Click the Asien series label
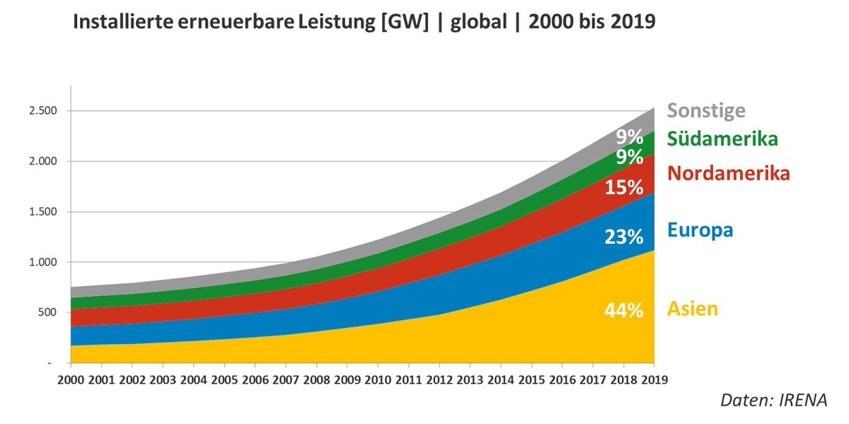[x=693, y=309]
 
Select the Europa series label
[x=700, y=230]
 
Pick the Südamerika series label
[x=722, y=138]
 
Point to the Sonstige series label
[x=706, y=110]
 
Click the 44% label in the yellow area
[x=624, y=310]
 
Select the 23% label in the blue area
[x=624, y=236]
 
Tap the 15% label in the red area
[x=624, y=188]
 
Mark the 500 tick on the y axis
[x=52, y=312]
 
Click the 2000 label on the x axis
[x=71, y=379]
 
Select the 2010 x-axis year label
[x=377, y=379]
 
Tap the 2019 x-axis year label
[x=653, y=379]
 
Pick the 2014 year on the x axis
[x=499, y=379]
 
